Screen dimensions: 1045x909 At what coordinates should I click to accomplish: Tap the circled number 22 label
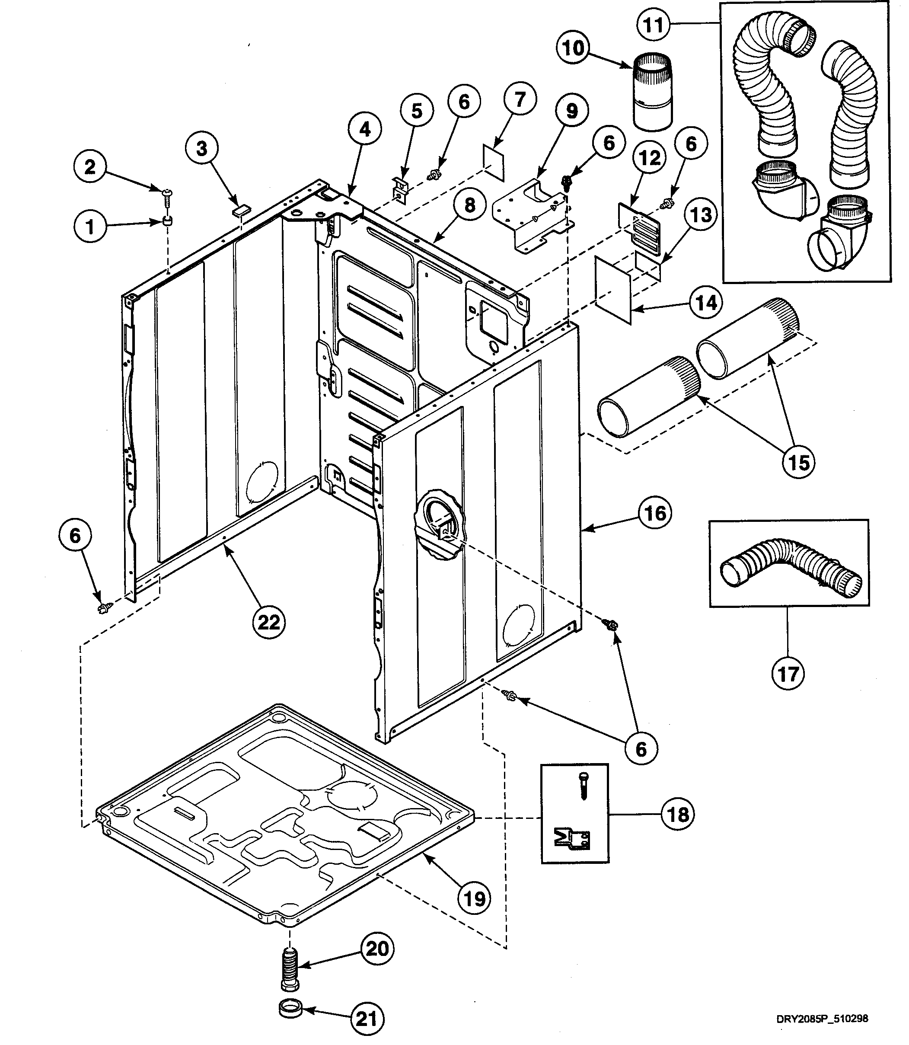coord(269,621)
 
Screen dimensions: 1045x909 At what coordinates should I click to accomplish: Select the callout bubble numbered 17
coord(788,674)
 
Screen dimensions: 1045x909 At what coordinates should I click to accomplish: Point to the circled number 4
coord(365,130)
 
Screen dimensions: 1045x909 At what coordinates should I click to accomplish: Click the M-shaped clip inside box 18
coord(572,840)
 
